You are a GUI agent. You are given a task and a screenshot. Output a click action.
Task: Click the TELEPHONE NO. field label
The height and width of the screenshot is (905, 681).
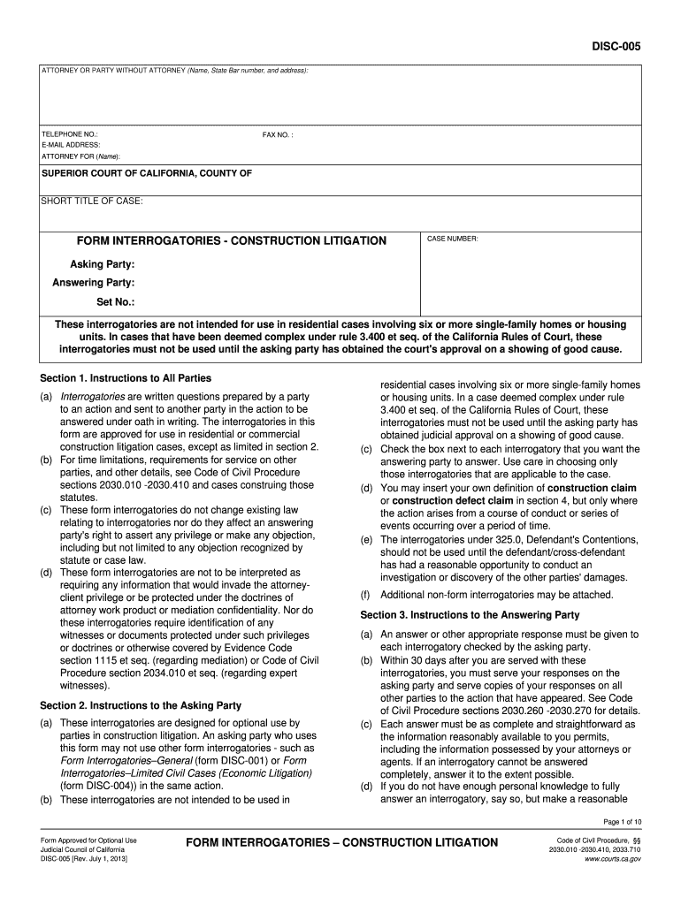point(70,133)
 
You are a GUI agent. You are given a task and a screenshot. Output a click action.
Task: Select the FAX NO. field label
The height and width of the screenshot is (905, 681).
point(278,134)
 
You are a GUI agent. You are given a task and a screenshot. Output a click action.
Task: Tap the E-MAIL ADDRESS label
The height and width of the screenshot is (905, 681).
point(72,145)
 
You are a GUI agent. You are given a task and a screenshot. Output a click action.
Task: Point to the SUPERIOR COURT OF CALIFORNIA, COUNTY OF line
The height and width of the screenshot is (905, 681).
point(147,173)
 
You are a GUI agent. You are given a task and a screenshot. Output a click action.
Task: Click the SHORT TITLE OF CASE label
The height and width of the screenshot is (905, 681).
point(92,201)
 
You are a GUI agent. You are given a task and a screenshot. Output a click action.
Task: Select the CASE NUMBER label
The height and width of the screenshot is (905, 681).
point(453,239)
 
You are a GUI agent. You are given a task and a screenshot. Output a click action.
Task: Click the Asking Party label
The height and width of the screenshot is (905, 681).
point(103,264)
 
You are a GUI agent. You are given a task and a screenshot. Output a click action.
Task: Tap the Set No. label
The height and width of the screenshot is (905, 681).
point(115,301)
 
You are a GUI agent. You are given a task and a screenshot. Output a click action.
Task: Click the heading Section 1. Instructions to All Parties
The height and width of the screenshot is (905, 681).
point(126,378)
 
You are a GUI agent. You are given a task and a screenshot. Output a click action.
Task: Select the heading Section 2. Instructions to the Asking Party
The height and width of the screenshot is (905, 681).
point(141,705)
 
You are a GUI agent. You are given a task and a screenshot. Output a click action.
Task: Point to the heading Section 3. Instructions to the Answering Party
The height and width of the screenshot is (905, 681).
point(470,614)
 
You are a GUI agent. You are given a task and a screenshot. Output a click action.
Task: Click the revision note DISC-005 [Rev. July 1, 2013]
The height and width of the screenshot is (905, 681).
point(84,859)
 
